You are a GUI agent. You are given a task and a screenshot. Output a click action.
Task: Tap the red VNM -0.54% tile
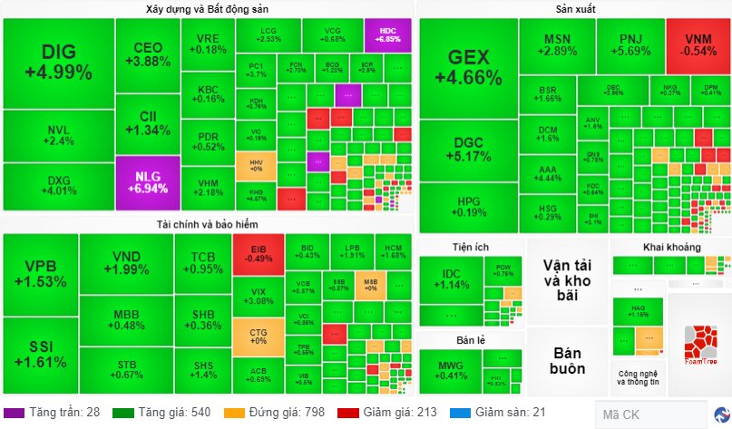tap(698, 45)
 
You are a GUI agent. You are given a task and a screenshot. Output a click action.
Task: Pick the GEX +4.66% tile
tap(468, 66)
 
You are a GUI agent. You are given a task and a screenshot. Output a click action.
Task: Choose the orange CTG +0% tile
tap(258, 335)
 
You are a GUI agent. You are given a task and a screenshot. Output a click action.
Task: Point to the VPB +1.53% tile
tap(40, 274)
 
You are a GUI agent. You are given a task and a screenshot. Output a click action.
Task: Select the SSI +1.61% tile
tap(40, 355)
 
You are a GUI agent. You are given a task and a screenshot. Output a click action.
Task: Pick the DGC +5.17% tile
tap(468, 149)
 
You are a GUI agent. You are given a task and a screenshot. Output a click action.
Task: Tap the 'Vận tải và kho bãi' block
tap(567, 279)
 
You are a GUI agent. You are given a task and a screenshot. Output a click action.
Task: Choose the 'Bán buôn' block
tap(567, 361)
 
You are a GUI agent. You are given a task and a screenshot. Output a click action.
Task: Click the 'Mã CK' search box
tap(649, 414)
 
